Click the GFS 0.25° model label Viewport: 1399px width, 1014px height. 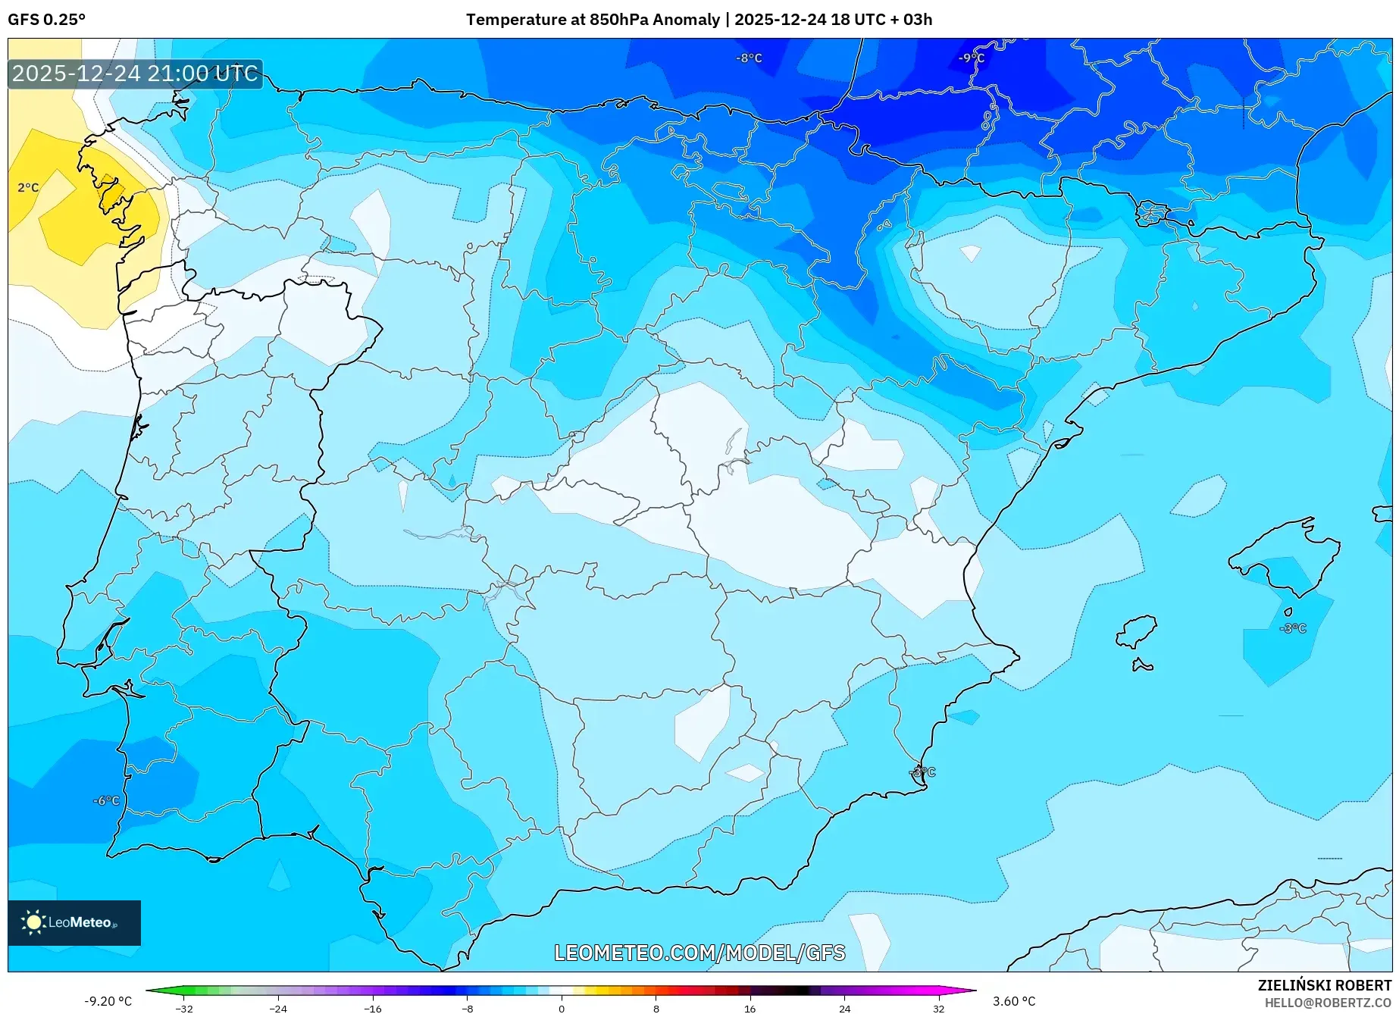click(46, 20)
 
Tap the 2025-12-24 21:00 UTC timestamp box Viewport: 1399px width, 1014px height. click(135, 74)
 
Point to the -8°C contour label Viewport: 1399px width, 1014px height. click(749, 58)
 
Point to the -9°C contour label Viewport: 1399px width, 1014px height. click(971, 58)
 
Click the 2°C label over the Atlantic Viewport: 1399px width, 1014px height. click(28, 187)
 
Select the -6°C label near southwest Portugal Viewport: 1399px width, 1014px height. click(106, 800)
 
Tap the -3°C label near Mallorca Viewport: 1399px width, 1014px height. click(1293, 628)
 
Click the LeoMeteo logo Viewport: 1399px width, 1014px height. click(74, 922)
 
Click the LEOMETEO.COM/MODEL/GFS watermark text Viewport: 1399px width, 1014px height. click(699, 953)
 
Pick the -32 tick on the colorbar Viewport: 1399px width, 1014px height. click(184, 1008)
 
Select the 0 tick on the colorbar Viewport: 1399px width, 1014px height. click(562, 1008)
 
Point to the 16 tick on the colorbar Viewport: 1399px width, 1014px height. click(750, 1008)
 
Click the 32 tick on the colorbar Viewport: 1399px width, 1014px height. click(938, 1008)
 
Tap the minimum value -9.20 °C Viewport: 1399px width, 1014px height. click(108, 1001)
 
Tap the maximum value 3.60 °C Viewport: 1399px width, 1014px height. click(1014, 1001)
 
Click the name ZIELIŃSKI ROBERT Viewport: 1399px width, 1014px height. click(1324, 985)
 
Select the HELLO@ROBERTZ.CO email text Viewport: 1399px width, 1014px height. click(1327, 1003)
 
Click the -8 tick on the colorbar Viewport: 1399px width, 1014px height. click(468, 1008)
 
